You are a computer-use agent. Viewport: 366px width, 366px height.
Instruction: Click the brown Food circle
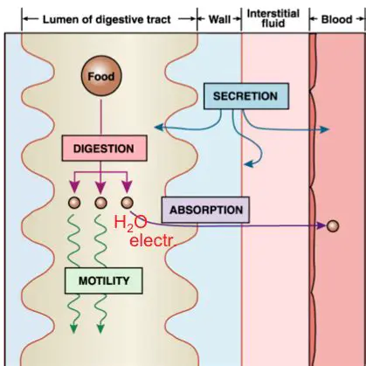pos(99,77)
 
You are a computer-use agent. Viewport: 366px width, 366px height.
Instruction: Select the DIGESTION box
pos(98,149)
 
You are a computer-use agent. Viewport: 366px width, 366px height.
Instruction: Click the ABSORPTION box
pos(205,211)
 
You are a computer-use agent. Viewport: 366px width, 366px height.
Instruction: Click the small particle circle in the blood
pos(332,227)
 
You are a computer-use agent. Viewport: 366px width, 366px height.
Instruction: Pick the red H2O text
pos(131,224)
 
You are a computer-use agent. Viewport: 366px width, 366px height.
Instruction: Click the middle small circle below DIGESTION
pos(100,203)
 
